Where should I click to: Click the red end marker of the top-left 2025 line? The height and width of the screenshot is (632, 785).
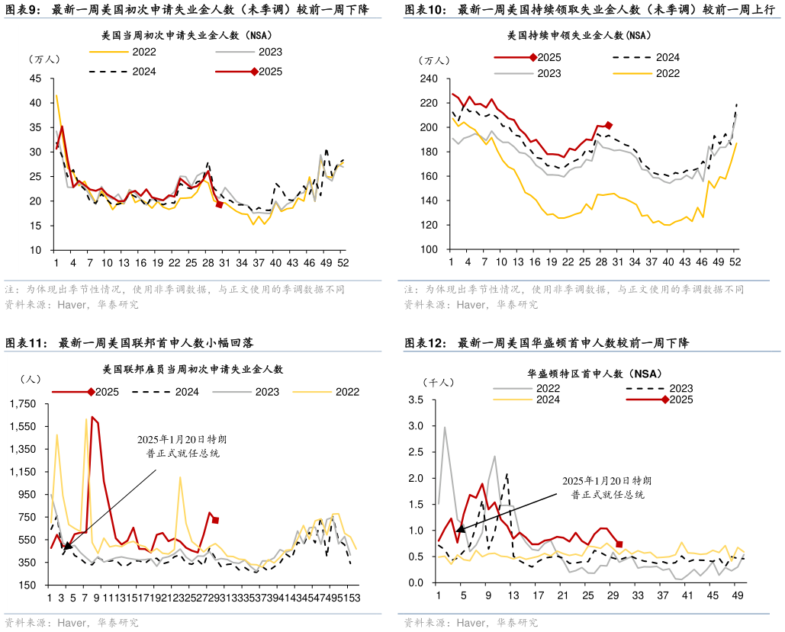219,204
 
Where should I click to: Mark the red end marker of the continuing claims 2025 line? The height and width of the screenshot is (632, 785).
609,126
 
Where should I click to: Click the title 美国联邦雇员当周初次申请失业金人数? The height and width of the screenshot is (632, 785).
192,369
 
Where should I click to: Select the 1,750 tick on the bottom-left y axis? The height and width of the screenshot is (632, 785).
24,403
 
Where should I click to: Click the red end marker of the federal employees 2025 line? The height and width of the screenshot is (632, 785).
216,520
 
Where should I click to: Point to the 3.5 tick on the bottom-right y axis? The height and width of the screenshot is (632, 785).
417,399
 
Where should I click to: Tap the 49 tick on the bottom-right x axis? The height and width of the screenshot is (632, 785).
738,596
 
